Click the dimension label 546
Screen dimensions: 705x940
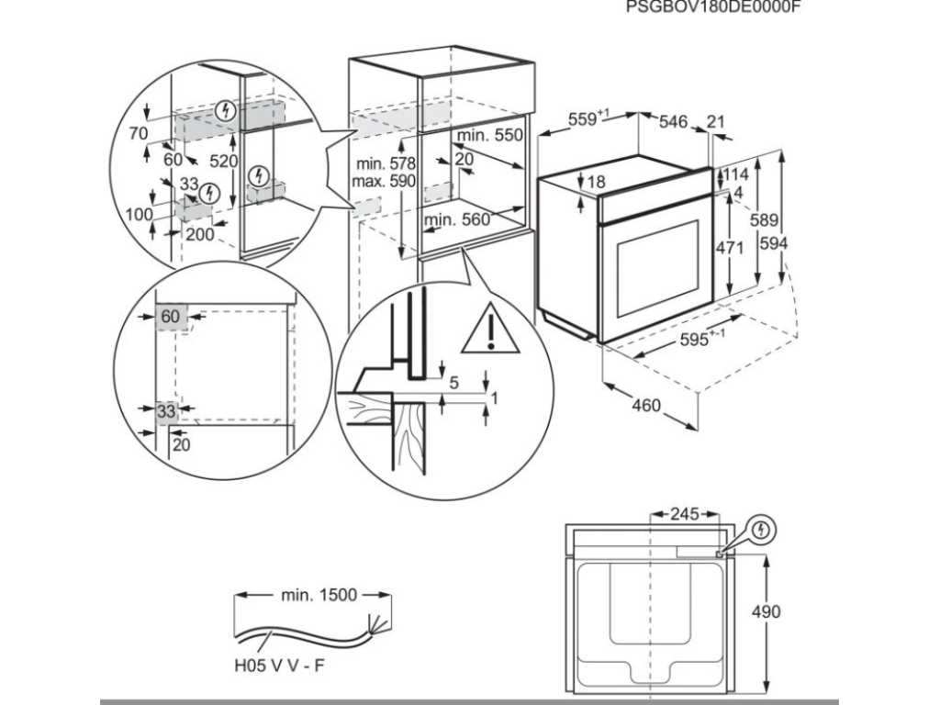click(674, 121)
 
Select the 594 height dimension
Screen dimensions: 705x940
click(776, 243)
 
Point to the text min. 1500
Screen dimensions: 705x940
click(318, 596)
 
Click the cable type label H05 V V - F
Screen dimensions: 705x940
click(278, 666)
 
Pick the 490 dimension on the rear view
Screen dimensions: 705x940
click(765, 612)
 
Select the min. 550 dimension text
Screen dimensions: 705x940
click(489, 135)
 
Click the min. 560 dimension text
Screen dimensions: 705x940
click(457, 219)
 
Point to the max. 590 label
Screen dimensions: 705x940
click(384, 180)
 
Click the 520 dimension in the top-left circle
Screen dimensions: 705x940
click(223, 162)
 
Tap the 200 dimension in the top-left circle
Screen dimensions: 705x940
click(199, 234)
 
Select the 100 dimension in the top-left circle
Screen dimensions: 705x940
click(139, 215)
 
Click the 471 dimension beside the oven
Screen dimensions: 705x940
click(729, 248)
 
